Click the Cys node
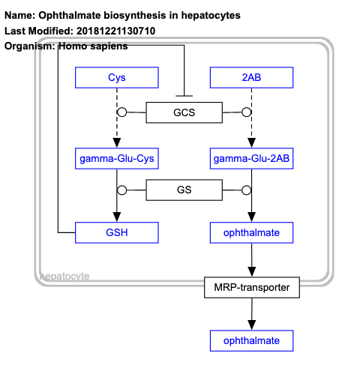(x=116, y=77)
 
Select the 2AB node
(x=251, y=77)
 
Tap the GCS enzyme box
(x=184, y=113)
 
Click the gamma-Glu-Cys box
(x=116, y=158)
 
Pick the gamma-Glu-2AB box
(x=251, y=158)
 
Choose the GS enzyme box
(x=184, y=190)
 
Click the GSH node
(x=116, y=232)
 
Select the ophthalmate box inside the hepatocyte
(x=251, y=232)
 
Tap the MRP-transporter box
(x=251, y=286)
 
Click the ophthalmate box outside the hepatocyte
(x=251, y=341)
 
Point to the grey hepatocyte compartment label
(x=64, y=276)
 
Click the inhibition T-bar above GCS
(x=184, y=95)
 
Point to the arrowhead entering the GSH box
(x=116, y=217)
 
